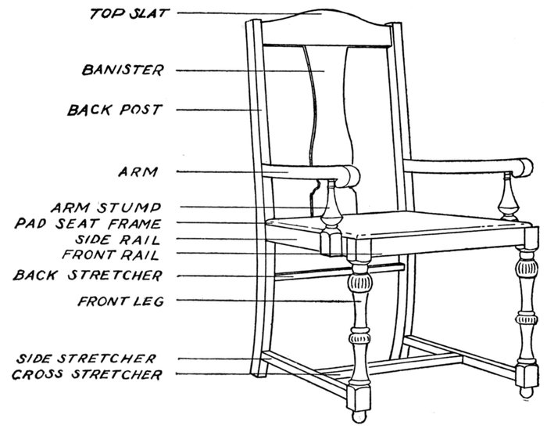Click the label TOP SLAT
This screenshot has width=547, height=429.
[x=130, y=13]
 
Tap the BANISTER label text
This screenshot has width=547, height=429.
[x=123, y=70]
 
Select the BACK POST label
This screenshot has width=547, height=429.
[x=115, y=110]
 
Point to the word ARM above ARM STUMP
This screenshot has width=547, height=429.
[x=138, y=171]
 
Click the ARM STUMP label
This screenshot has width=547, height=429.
[x=106, y=207]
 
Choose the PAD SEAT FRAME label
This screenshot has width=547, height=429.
[x=88, y=223]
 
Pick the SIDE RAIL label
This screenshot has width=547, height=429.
[x=117, y=240]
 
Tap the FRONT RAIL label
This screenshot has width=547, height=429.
[x=111, y=254]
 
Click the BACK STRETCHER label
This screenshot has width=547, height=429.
[x=88, y=276]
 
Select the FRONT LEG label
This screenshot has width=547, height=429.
[x=120, y=301]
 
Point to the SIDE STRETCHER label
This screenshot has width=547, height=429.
[x=86, y=359]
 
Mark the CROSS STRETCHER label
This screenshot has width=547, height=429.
[x=87, y=374]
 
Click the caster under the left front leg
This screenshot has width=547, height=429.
[x=358, y=416]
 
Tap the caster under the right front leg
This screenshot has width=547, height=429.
[x=526, y=392]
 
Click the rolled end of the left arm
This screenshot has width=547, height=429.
[x=351, y=176]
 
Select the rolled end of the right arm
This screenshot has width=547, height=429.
[x=524, y=168]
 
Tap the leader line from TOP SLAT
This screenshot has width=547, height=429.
[x=249, y=13]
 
